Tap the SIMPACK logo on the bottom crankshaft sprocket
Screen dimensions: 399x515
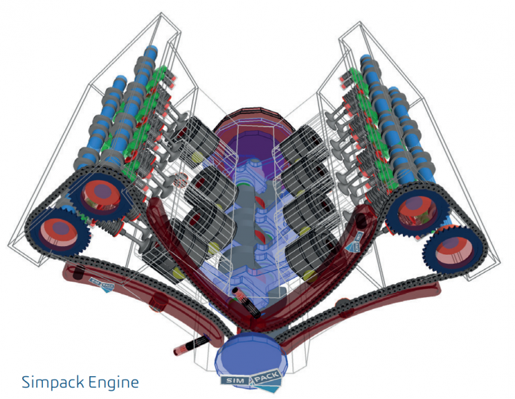[252, 380]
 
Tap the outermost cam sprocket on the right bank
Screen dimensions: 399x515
[453, 249]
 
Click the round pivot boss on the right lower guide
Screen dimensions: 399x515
[345, 308]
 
